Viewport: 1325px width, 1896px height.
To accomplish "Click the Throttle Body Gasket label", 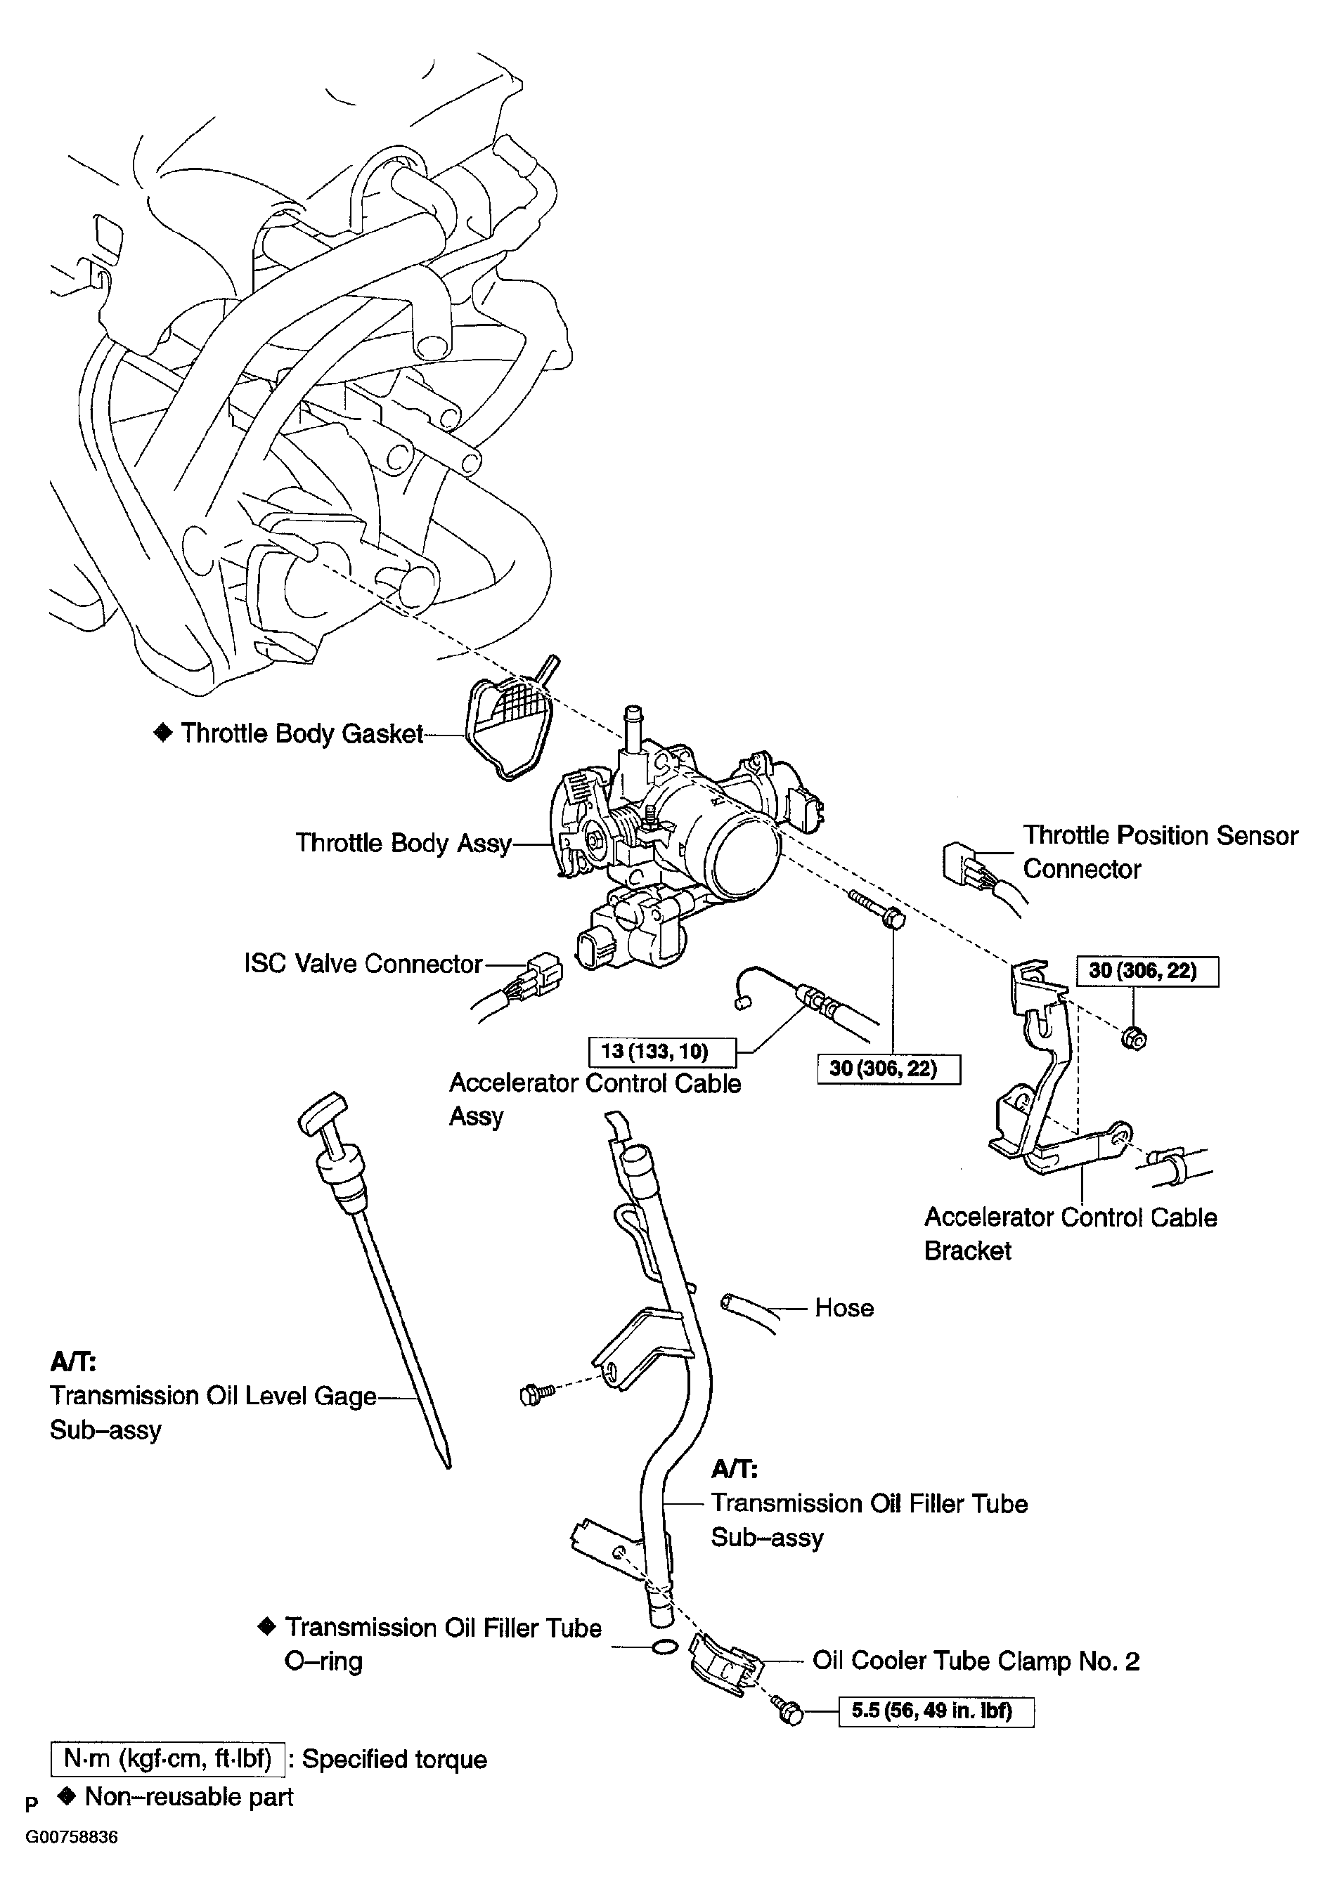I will [302, 733].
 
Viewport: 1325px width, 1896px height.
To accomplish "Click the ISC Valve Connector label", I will [363, 964].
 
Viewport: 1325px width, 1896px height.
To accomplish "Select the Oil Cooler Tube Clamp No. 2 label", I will [976, 1661].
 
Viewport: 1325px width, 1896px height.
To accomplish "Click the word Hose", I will [844, 1308].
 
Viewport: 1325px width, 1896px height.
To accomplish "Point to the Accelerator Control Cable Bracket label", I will [1069, 1234].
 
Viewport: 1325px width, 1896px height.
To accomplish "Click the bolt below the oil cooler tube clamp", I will [789, 1713].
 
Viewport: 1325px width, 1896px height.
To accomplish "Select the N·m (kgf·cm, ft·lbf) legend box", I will [168, 1759].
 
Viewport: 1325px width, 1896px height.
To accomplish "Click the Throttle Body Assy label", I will [403, 843].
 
